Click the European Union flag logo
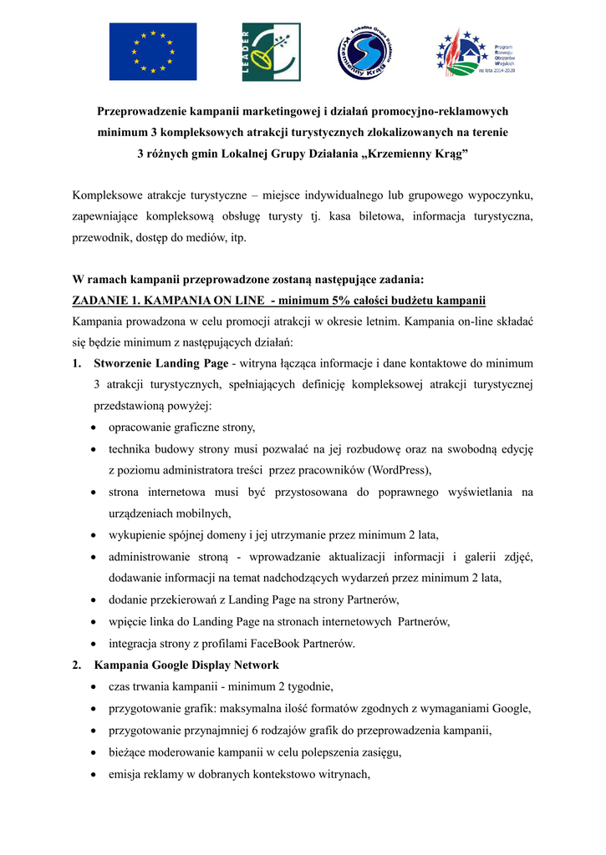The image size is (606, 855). tap(153, 52)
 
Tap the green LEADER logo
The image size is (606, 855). tap(271, 52)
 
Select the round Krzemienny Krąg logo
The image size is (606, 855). tap(366, 52)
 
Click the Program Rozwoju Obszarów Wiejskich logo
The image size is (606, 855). tap(475, 52)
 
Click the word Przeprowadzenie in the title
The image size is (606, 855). tap(145, 111)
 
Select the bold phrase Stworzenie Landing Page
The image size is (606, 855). tap(161, 363)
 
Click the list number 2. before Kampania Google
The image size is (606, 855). tap(77, 665)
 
